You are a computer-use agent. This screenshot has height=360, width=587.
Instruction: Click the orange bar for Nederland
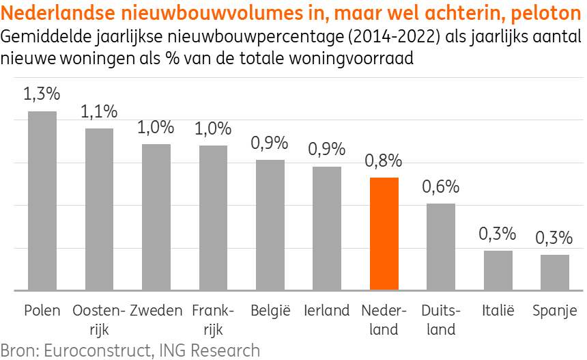384,234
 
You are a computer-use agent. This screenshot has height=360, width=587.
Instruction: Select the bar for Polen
42,201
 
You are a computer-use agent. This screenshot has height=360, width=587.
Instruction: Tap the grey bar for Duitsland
441,247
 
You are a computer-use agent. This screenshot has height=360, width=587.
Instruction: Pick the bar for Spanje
555,272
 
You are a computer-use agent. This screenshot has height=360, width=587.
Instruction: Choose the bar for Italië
498,270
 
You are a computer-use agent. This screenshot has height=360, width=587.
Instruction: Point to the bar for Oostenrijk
99,209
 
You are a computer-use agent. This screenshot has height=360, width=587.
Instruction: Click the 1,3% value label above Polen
42,94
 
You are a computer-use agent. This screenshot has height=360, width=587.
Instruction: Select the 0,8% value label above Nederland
384,161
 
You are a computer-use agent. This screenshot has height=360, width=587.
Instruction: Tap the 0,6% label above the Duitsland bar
441,186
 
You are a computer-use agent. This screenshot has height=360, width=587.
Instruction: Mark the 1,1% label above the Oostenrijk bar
99,111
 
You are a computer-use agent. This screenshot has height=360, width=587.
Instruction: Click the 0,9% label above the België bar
270,143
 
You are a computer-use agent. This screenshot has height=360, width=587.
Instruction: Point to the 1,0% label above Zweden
156,127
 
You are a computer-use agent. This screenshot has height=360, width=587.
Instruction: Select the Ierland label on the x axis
327,311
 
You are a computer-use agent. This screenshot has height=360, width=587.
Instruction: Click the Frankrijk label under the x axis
213,320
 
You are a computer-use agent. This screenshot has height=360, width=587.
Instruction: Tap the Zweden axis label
156,311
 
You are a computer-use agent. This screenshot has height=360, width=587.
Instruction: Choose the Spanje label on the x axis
555,311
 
